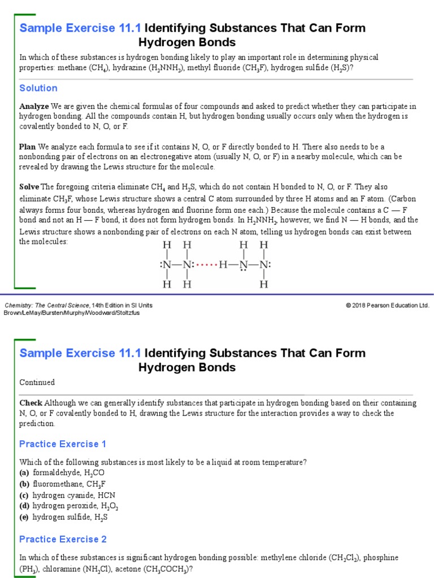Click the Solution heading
(x=38, y=88)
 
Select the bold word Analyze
(x=34, y=107)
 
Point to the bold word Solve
(x=29, y=187)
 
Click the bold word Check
(x=31, y=403)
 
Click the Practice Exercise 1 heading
(x=63, y=444)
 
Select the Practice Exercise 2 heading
(x=63, y=539)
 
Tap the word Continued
(x=37, y=382)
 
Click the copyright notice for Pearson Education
(x=387, y=305)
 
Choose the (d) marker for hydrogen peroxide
(x=24, y=506)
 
